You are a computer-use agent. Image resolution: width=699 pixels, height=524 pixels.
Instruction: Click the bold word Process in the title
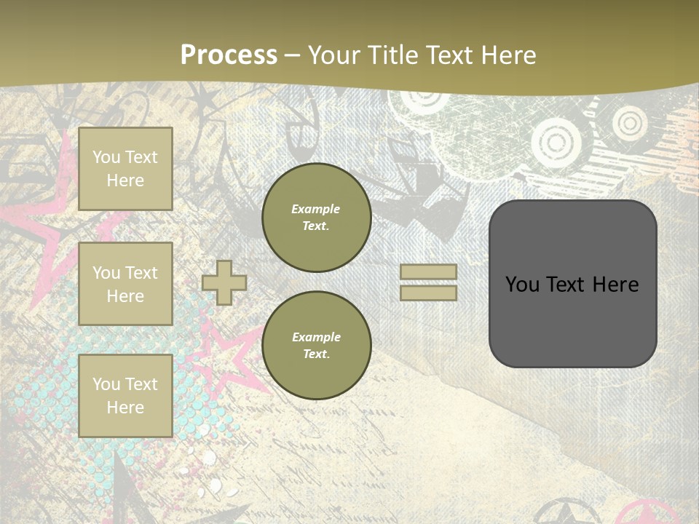click(x=229, y=55)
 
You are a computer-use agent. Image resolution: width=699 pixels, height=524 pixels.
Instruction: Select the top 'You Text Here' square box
click(x=125, y=169)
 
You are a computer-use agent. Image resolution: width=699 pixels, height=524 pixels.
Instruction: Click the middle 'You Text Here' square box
click(x=125, y=284)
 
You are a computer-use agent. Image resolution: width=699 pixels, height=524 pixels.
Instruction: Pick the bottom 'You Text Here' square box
click(x=125, y=396)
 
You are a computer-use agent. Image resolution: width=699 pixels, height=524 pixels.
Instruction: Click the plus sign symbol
click(x=224, y=282)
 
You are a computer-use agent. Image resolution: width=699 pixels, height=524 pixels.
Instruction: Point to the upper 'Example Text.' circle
click(x=316, y=218)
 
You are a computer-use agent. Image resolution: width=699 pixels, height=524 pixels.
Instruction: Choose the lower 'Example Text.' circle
click(x=316, y=346)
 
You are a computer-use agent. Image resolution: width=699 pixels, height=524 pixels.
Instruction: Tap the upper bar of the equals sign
click(x=428, y=272)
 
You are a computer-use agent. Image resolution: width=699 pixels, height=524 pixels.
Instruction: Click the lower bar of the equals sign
click(x=428, y=293)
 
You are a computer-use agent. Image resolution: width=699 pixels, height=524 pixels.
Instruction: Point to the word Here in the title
click(x=508, y=55)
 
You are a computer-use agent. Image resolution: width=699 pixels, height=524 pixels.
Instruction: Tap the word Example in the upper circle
click(x=316, y=209)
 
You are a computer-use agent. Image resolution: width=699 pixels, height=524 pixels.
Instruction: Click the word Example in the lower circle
click(x=316, y=337)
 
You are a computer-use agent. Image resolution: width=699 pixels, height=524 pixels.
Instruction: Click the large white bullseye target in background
click(x=558, y=143)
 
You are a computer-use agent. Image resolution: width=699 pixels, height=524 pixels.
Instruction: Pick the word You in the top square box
click(x=106, y=157)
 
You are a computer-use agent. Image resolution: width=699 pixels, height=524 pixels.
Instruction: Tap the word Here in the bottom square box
click(x=125, y=408)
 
